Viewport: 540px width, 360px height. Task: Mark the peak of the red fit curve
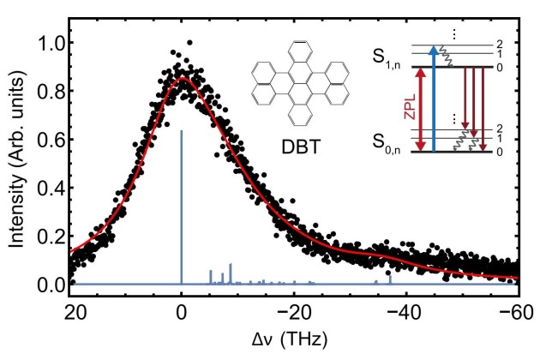[182, 79]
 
